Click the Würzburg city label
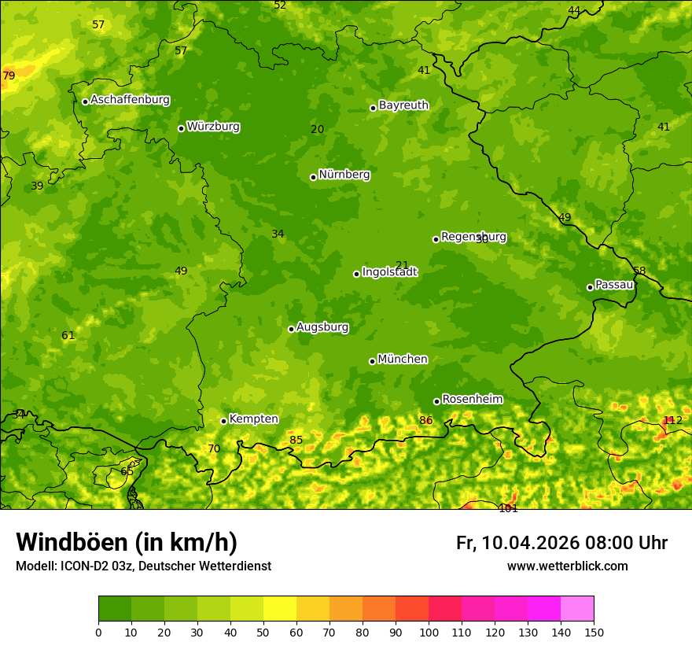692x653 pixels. point(213,127)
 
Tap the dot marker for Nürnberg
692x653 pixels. point(313,177)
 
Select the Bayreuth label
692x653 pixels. point(403,105)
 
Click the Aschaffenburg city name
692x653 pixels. point(130,100)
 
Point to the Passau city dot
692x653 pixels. point(590,287)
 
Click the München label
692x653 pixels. point(403,360)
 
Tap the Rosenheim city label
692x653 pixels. point(472,400)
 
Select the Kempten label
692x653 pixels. point(253,419)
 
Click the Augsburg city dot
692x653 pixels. point(291,329)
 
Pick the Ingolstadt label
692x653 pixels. point(389,272)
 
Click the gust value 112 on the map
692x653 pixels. point(672,420)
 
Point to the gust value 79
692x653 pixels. point(9,76)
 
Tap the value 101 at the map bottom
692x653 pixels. point(508,508)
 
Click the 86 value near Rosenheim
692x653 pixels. point(425,420)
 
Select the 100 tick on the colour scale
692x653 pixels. point(429,632)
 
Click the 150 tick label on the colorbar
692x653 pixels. point(593,632)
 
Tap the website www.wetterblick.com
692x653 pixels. point(567,566)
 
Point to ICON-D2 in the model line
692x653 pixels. point(81,566)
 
